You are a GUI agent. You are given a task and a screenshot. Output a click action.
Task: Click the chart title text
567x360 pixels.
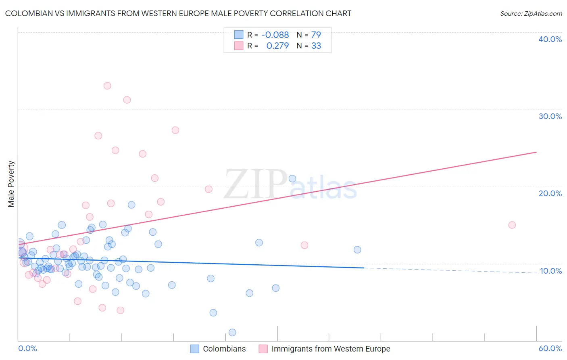coord(178,13)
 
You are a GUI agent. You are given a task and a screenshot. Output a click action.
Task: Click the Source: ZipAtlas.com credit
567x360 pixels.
coord(531,13)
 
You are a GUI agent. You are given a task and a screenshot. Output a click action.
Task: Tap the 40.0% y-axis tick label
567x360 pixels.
coord(550,39)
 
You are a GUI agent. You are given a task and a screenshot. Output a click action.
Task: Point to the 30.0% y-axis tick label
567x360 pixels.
coord(550,116)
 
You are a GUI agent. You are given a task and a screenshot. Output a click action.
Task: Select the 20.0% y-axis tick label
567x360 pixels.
coord(550,193)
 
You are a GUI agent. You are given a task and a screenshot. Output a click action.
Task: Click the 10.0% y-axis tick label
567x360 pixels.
coord(550,271)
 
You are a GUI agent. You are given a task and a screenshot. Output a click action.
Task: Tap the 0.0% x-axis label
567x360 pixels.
coord(27,348)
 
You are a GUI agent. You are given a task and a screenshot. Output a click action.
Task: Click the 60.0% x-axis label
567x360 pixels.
coord(550,348)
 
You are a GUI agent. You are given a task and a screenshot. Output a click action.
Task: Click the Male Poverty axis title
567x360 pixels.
coord(11,184)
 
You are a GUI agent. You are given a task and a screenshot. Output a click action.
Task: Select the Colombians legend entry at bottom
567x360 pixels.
coord(218,349)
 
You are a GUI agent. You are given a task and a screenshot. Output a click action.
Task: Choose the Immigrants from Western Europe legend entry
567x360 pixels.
coord(325,349)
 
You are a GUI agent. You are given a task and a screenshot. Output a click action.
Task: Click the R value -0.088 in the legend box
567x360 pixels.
coord(275,35)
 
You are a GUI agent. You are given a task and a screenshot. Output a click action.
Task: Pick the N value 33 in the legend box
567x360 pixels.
coord(316,46)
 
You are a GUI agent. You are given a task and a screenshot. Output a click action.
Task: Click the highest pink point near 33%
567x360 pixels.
coord(107,86)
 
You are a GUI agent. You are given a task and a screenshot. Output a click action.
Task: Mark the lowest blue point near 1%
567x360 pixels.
coord(232,333)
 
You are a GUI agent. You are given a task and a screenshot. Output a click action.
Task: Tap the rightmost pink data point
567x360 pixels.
coord(512,225)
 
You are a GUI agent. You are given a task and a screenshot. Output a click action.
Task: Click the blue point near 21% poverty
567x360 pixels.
coord(292,178)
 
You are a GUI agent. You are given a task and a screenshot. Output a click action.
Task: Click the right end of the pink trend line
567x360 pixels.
coord(536,152)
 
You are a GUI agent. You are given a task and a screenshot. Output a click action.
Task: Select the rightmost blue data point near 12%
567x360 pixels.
coord(357,250)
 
